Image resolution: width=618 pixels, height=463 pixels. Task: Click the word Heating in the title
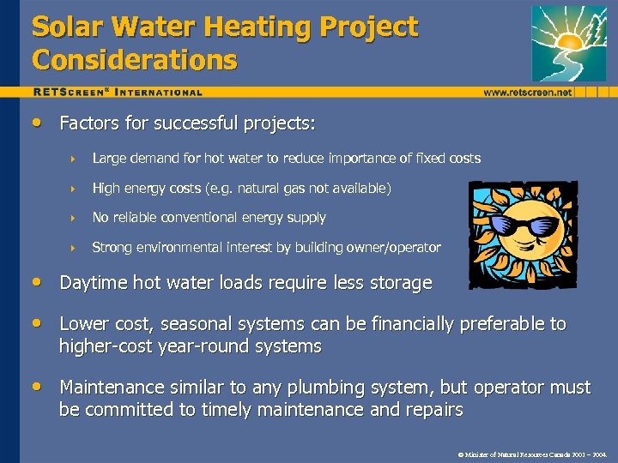pyautogui.click(x=251, y=27)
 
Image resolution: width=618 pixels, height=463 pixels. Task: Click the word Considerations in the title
pyautogui.click(x=134, y=60)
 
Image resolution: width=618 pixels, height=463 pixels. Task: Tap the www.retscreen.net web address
pyautogui.click(x=528, y=92)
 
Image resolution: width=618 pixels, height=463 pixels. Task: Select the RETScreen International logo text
pyautogui.click(x=118, y=92)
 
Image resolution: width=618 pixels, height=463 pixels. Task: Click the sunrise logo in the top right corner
pyautogui.click(x=568, y=43)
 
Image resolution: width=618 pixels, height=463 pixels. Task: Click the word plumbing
pyautogui.click(x=343, y=388)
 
